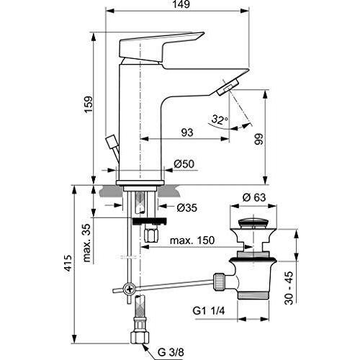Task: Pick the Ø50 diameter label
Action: pyautogui.click(x=185, y=165)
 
